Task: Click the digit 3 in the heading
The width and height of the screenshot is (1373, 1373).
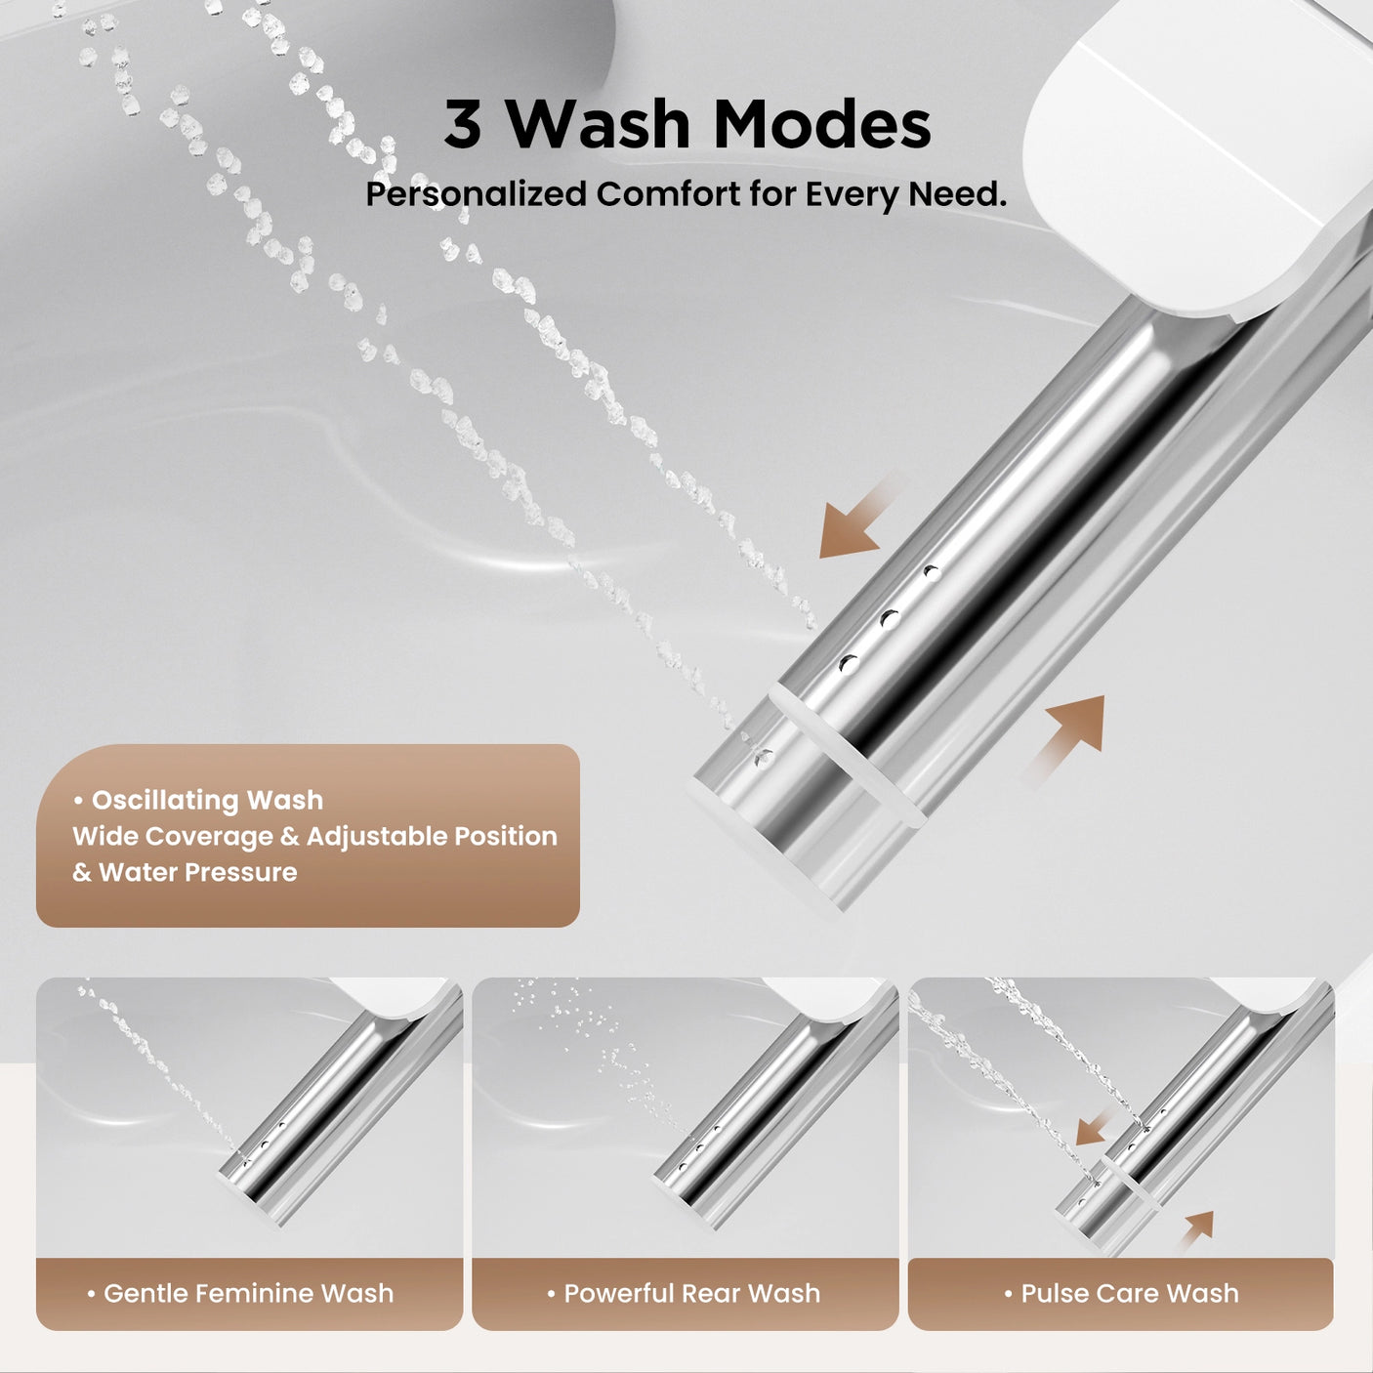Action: click(463, 124)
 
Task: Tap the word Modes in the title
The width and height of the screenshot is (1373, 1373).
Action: click(821, 124)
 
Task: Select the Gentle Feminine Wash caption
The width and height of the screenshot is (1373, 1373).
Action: click(248, 1293)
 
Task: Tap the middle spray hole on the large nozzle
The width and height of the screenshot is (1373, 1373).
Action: click(889, 619)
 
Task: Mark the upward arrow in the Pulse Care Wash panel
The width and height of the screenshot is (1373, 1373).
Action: click(1196, 1229)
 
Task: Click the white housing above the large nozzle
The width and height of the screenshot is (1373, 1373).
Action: click(1201, 146)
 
